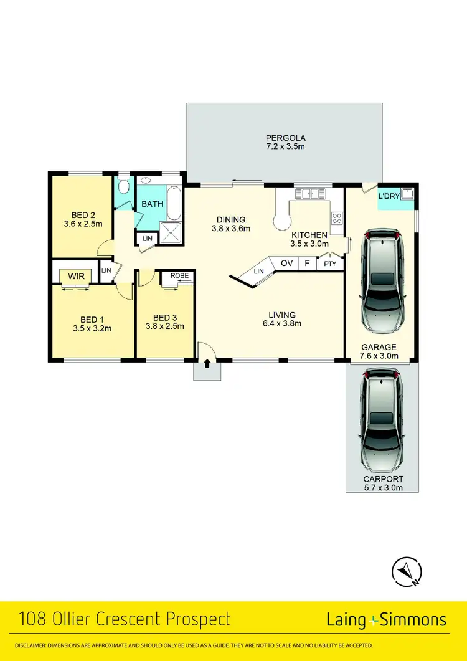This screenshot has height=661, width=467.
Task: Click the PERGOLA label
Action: [x=285, y=137]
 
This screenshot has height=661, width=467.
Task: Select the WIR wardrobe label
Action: [x=75, y=275]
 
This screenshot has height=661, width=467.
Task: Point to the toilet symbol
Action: [x=123, y=186]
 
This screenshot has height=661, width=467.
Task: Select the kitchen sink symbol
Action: [x=310, y=194]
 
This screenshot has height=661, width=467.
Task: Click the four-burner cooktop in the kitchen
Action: [x=337, y=218]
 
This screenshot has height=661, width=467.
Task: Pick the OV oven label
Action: [x=286, y=264]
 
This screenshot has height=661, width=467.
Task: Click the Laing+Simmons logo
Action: [x=386, y=620]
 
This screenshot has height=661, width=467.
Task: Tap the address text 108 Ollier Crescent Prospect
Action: [x=125, y=620]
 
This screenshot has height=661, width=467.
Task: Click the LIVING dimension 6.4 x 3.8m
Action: [x=282, y=323]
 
